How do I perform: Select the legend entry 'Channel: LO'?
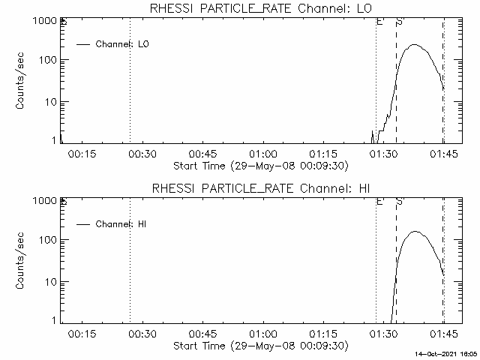[123, 44]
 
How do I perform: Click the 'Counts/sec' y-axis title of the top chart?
[22, 81]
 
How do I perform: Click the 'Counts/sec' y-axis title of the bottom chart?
[22, 261]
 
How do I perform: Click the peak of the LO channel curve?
[415, 45]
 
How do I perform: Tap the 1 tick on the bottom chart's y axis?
[53, 321]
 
